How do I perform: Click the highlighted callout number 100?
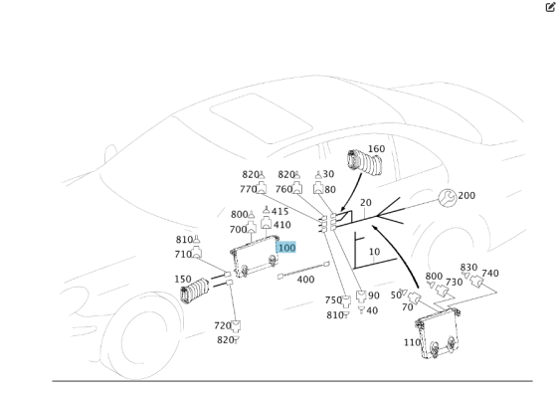point(286,247)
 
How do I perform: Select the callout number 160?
point(376,150)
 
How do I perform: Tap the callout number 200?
point(466,196)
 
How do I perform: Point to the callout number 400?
point(305,280)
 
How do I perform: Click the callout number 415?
point(279,212)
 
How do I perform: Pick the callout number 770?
point(248,189)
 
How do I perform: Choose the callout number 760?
point(283,189)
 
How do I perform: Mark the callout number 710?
point(184,255)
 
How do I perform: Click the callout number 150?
point(183,280)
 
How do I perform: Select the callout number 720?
point(222,325)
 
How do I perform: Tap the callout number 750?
point(332,300)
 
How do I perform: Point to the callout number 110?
point(412,342)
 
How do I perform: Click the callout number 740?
point(490,274)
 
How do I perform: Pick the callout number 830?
point(468,268)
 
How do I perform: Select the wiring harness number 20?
point(365,203)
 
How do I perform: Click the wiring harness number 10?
point(374,253)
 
